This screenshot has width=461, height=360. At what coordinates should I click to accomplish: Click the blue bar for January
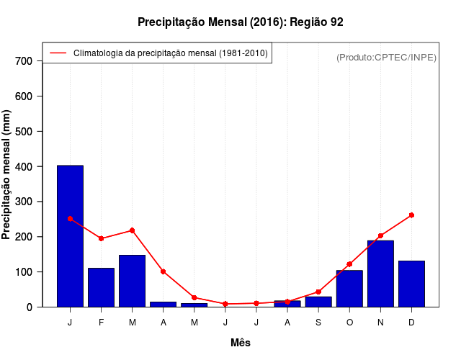70,236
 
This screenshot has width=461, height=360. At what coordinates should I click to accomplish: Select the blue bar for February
101,287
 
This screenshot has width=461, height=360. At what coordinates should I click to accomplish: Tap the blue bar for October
349,289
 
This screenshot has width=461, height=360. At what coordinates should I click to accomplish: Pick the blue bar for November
380,274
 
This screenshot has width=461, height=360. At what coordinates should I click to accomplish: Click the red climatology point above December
411,215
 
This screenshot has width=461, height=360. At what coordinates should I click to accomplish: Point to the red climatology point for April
164,271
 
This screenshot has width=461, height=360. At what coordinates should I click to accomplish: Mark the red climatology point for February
101,238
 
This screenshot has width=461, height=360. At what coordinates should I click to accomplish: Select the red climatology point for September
318,292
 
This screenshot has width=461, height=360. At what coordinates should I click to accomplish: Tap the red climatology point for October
349,264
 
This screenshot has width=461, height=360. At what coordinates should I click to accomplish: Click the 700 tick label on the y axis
24,61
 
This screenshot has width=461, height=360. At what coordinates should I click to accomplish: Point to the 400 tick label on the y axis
24,166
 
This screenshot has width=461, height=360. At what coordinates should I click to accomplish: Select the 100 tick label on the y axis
24,272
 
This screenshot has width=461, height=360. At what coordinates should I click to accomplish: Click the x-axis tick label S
318,323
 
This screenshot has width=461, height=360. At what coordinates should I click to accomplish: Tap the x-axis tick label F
101,323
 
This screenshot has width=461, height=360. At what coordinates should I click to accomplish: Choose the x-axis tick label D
411,323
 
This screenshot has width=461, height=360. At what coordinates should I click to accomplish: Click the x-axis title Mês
241,343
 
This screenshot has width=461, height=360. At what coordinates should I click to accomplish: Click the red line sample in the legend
58,53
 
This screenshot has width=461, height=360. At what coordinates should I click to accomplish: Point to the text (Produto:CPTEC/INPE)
386,57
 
